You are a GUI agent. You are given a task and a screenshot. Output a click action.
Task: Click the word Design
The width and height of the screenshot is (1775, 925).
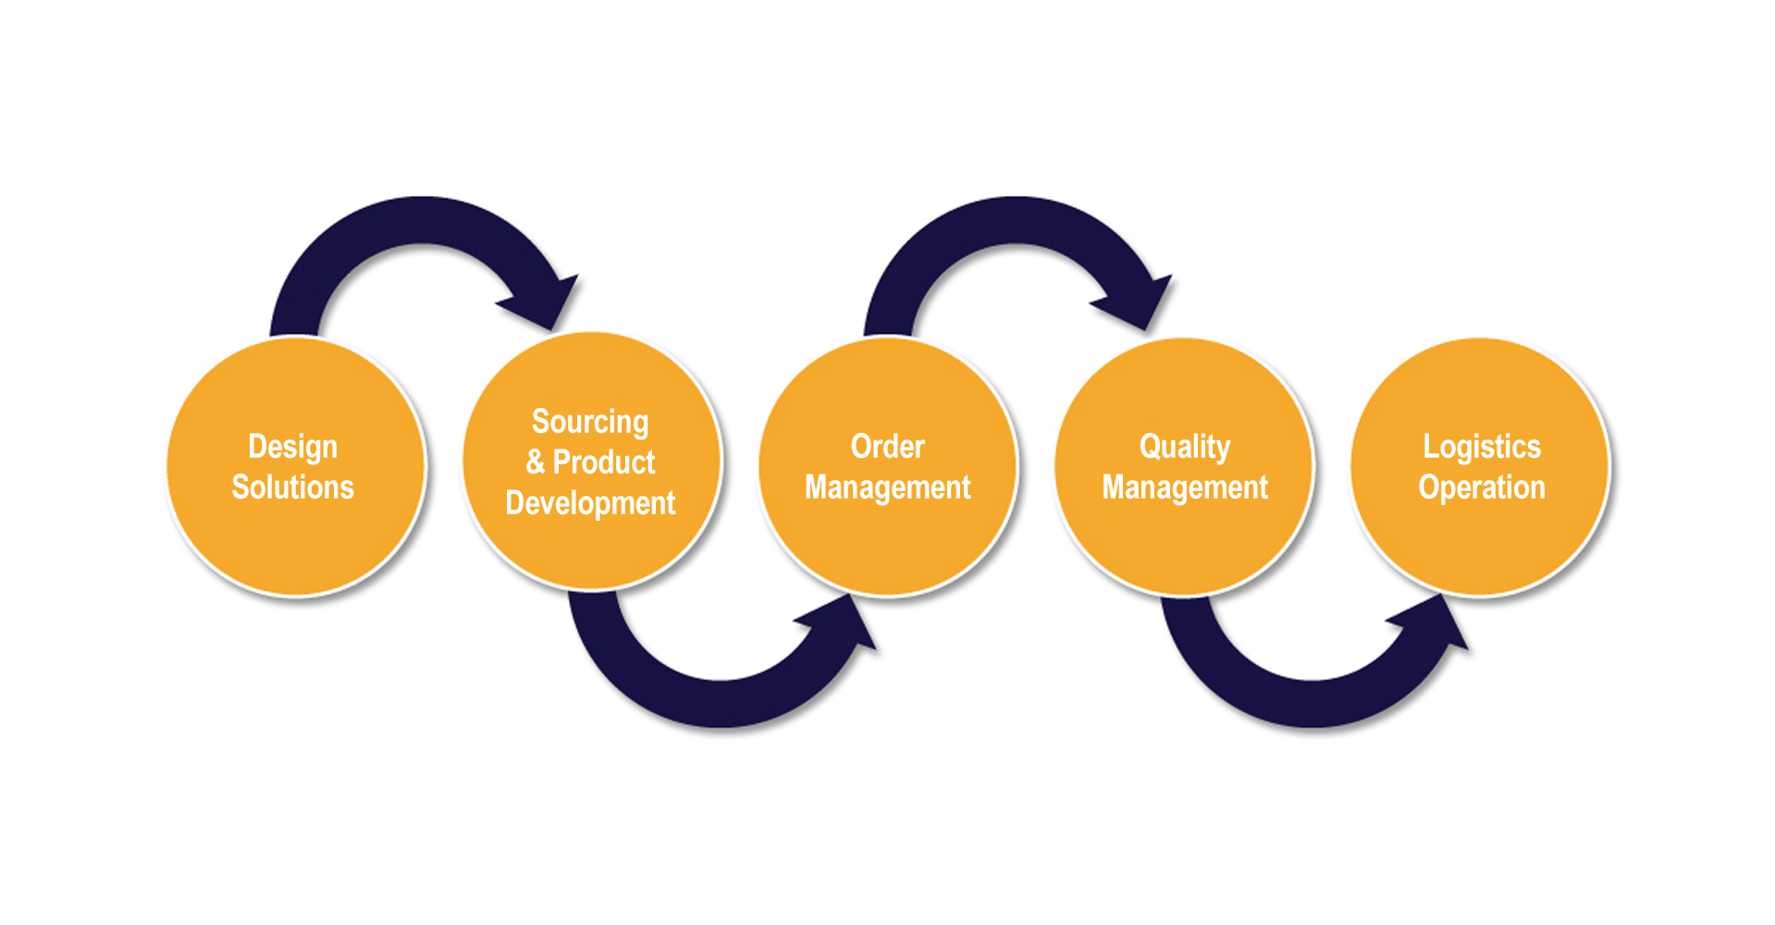[292, 448]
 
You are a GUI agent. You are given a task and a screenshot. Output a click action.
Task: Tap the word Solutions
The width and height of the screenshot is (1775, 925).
[292, 487]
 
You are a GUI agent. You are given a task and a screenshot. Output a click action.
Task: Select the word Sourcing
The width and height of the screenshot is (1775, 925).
[590, 423]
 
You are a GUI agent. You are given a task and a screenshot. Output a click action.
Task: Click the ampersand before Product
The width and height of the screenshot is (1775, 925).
[536, 462]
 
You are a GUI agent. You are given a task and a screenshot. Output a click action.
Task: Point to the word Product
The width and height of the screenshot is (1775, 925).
[604, 462]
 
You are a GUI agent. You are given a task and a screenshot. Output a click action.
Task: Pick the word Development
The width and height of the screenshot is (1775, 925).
[590, 503]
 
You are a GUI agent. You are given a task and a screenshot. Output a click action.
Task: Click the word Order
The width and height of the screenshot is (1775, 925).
[888, 447]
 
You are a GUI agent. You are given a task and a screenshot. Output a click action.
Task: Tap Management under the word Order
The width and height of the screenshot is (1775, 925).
[888, 487]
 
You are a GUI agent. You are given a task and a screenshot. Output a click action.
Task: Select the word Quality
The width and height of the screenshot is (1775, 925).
[1185, 448]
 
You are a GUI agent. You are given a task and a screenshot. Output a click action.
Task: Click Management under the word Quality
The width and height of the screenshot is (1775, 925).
[1185, 487]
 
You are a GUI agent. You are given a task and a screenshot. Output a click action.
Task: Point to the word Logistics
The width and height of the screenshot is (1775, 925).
[1482, 448]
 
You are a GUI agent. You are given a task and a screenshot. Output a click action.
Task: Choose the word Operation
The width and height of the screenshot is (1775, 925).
[1482, 487]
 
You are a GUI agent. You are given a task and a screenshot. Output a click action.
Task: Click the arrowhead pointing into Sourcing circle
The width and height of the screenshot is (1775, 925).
[544, 302]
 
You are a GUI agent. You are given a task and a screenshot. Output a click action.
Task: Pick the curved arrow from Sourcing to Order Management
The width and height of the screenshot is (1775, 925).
[721, 704]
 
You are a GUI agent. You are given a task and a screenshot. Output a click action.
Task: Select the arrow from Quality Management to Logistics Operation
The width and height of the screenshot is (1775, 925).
[1313, 704]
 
